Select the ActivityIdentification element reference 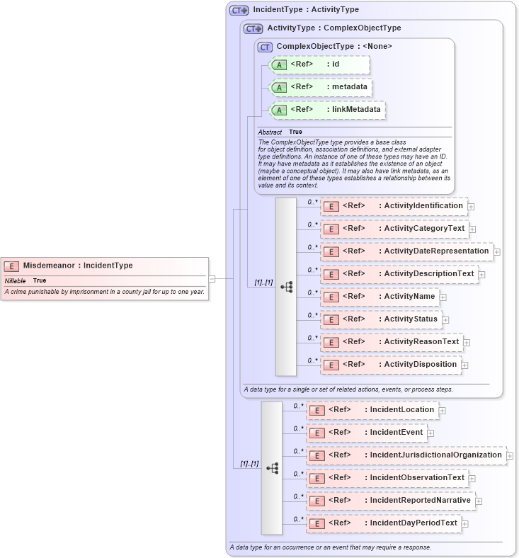(393, 206)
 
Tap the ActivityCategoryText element (394, 229)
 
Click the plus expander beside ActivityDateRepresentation (497, 252)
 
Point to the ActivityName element (380, 297)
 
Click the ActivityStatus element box (381, 319)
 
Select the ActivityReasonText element (391, 342)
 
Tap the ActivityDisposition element (390, 365)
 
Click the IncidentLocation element (372, 410)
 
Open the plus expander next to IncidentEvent (430, 433)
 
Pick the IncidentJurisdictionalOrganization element (406, 455)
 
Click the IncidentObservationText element (387, 478)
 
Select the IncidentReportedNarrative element (390, 501)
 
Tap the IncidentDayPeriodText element (383, 523)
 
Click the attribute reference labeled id (320, 64)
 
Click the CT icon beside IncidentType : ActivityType (239, 11)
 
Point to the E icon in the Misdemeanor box (11, 266)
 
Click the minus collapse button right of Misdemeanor (212, 278)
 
